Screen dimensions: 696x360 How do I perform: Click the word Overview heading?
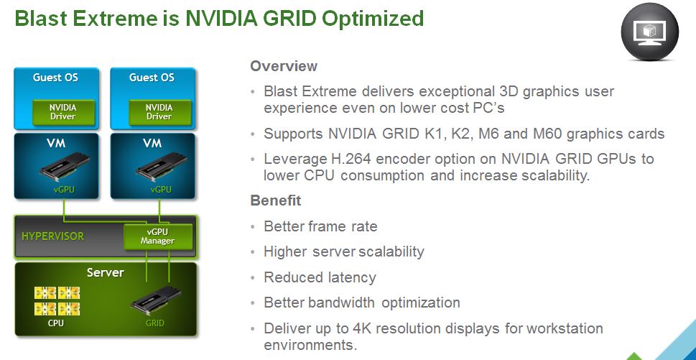click(284, 66)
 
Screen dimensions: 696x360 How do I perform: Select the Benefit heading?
click(276, 200)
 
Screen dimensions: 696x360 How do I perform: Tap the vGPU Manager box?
click(157, 236)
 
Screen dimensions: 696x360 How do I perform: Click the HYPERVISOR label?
click(52, 236)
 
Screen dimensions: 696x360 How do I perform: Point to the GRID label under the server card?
click(155, 323)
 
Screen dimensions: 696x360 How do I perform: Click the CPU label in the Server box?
click(56, 323)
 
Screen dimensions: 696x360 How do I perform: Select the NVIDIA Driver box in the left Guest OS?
click(63, 112)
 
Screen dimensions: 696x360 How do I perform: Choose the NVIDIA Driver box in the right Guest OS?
click(159, 112)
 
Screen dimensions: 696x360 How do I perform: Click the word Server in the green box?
click(105, 272)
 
